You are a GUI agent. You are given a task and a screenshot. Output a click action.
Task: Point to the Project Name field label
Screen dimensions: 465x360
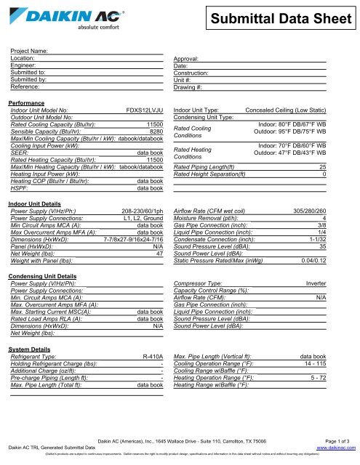point(30,52)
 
